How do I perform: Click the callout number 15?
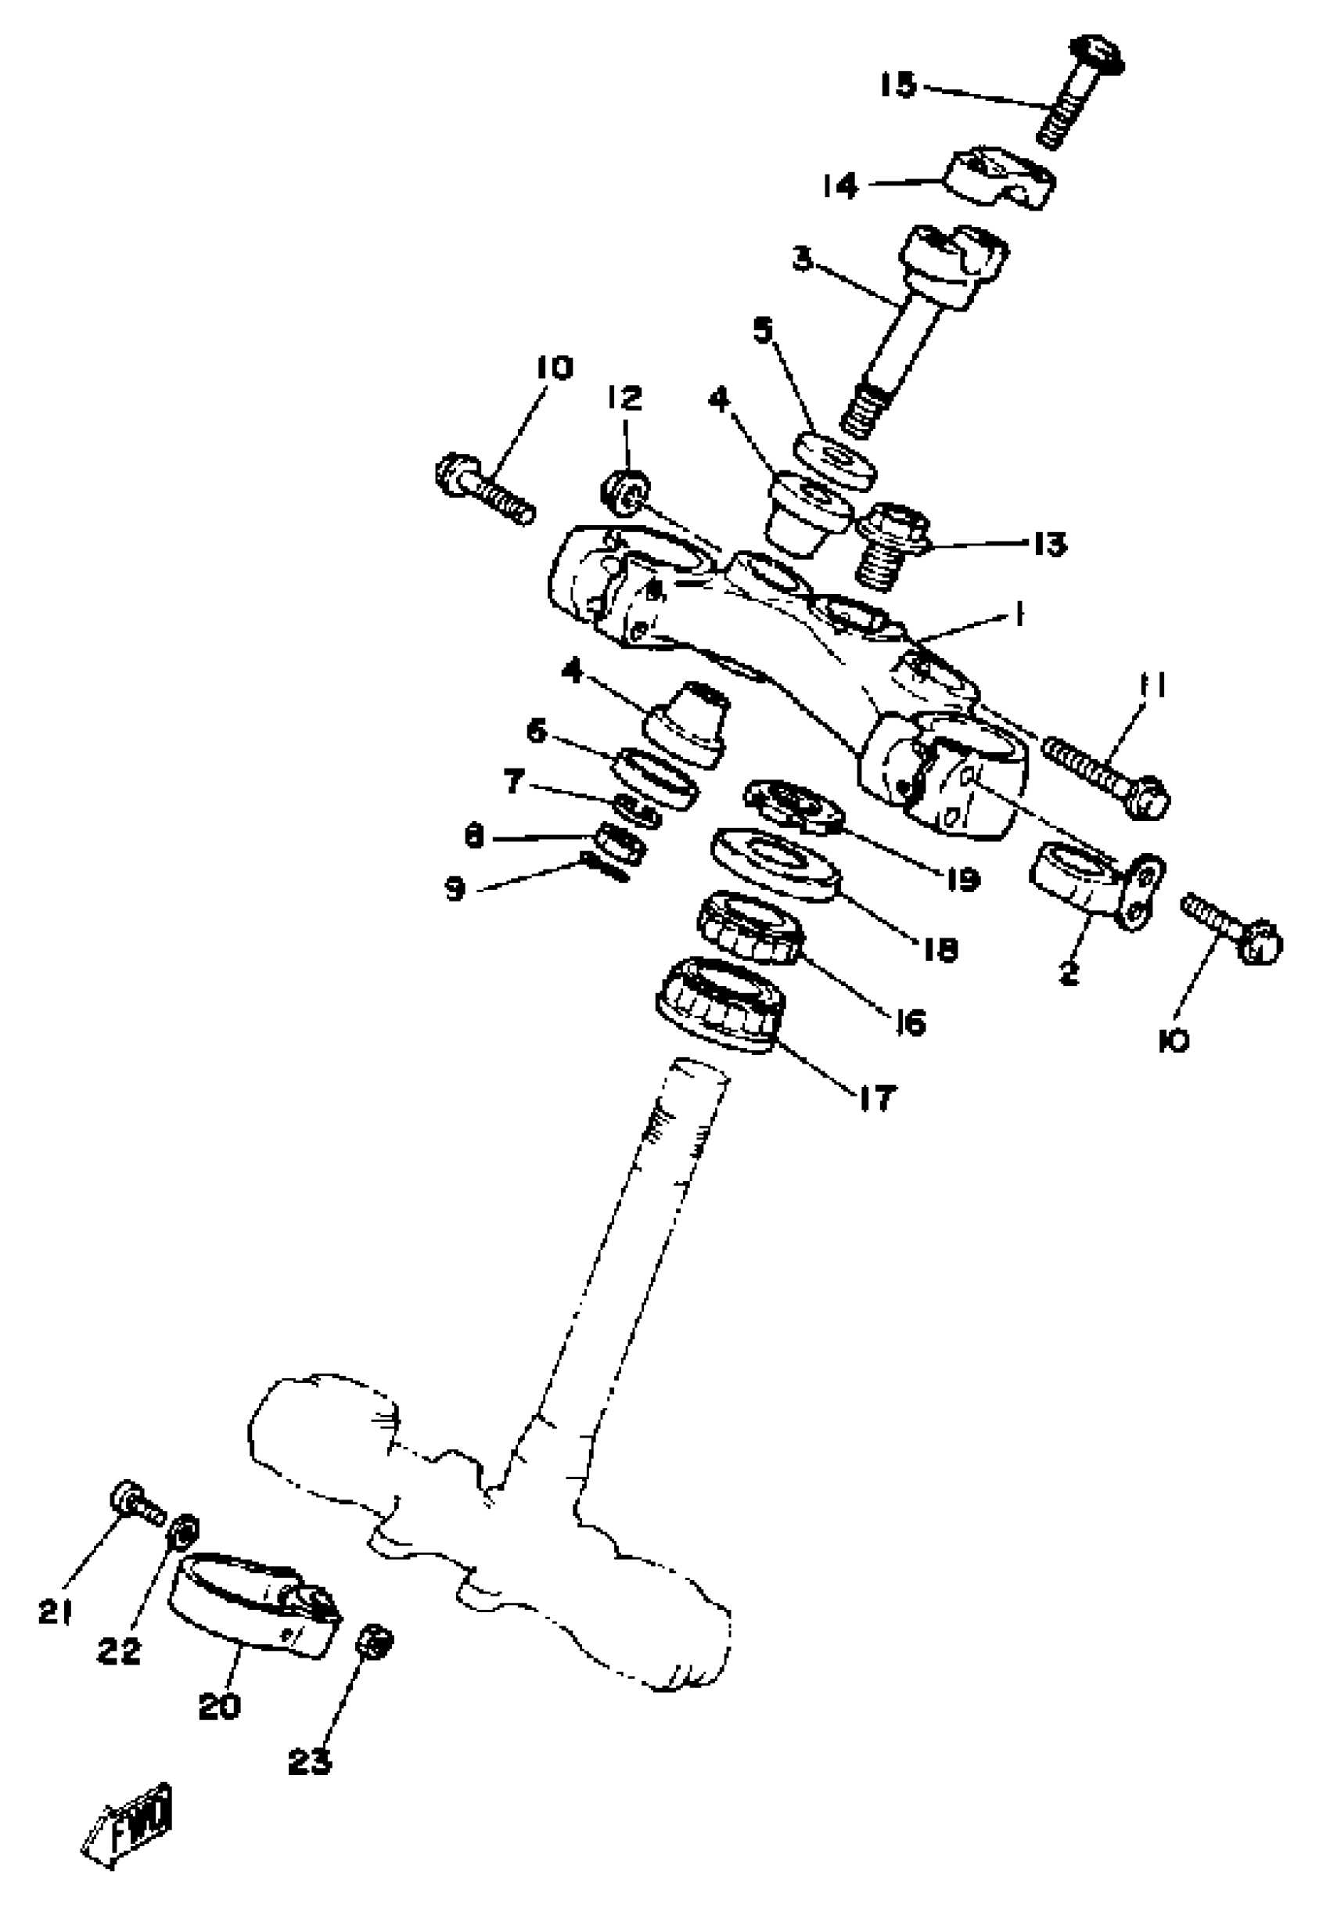click(x=898, y=85)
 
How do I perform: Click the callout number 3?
click(x=802, y=258)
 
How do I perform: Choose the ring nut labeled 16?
click(x=750, y=927)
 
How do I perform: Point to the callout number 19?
click(x=963, y=878)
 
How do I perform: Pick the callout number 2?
click(x=1069, y=973)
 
